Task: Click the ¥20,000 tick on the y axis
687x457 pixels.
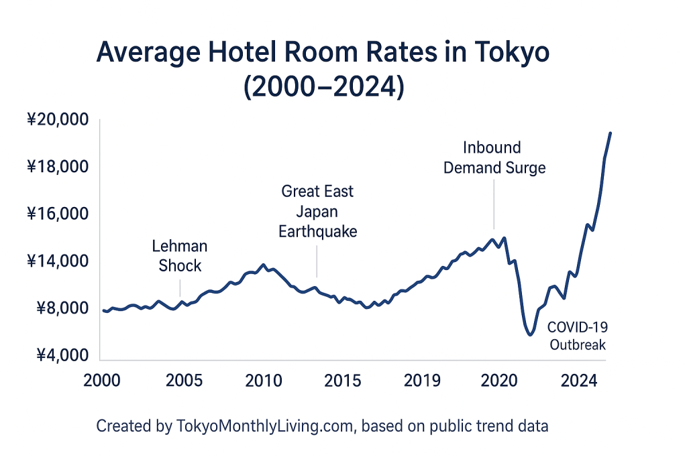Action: coord(58,121)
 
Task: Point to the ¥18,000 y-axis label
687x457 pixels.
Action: coord(58,168)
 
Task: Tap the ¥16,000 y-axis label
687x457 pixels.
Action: coord(58,214)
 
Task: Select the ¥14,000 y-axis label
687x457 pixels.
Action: coord(58,261)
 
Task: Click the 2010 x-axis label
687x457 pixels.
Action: coord(263,380)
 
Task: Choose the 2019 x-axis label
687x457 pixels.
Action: coord(423,380)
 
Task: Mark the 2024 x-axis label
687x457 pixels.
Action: coord(579,380)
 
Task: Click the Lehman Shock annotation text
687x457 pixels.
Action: coord(180,256)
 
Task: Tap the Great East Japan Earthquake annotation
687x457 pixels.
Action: coord(317,212)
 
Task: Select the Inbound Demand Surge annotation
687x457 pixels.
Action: coord(494,157)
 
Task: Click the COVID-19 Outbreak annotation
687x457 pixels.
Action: coord(578,336)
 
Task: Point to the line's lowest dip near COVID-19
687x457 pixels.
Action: coord(530,334)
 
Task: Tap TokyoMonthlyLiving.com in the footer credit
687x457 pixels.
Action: coord(264,426)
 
